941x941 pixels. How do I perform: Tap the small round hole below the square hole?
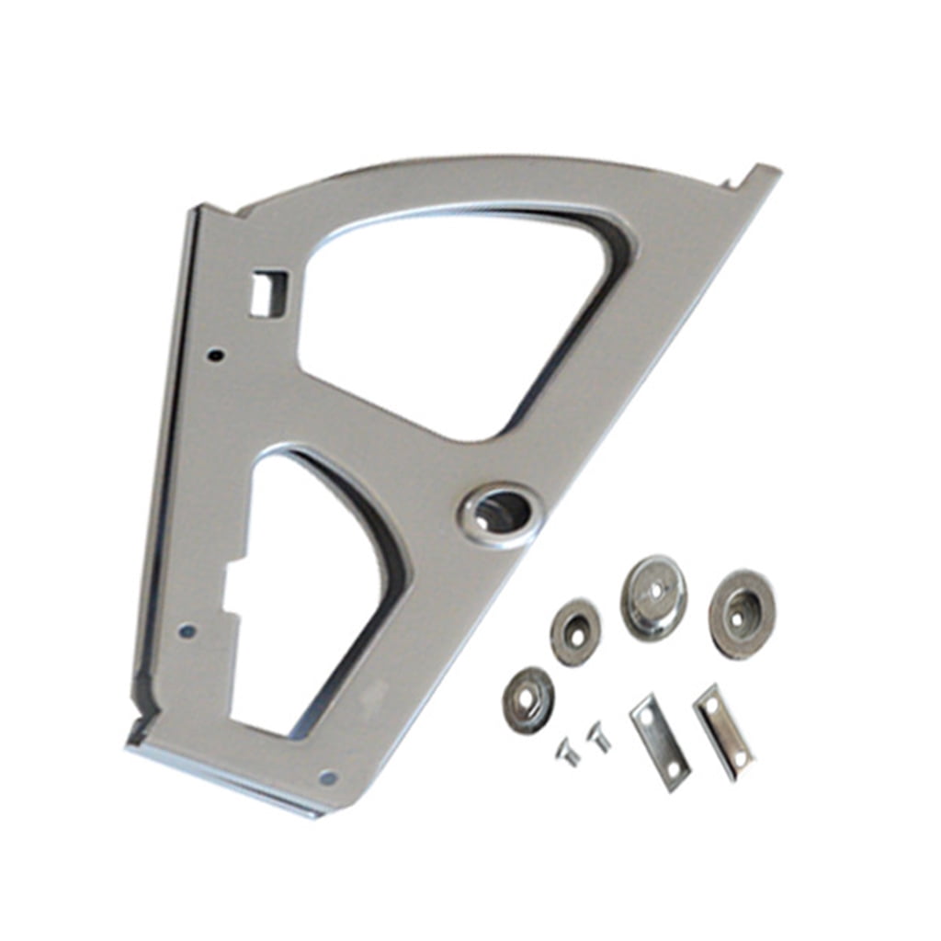click(216, 353)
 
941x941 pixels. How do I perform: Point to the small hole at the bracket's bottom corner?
click(328, 777)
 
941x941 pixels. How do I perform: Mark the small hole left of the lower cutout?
click(187, 631)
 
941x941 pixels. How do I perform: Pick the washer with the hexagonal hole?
click(527, 699)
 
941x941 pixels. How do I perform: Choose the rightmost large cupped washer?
click(741, 614)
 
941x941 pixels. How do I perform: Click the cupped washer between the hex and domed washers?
click(575, 632)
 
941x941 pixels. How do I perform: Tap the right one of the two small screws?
click(599, 735)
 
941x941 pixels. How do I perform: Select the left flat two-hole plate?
click(659, 742)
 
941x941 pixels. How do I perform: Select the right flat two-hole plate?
click(723, 731)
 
